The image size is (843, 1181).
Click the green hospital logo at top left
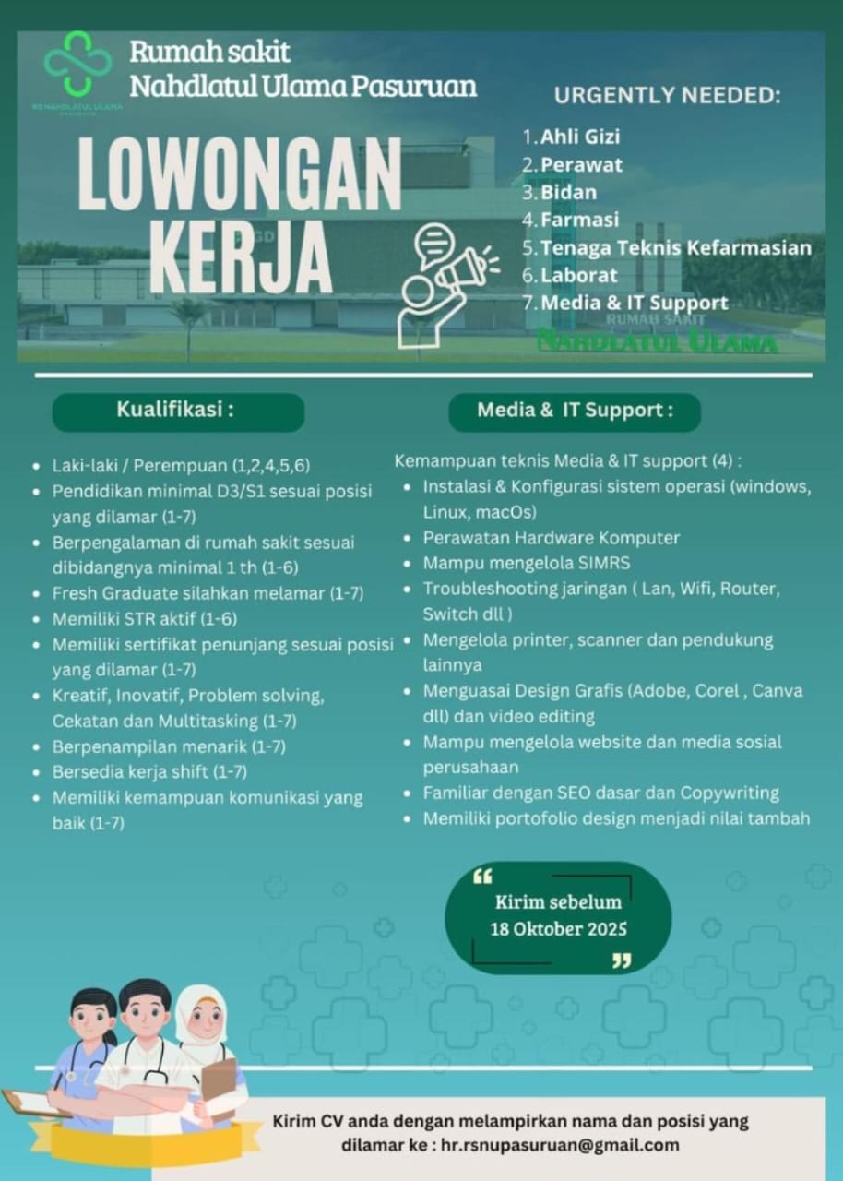pyautogui.click(x=78, y=64)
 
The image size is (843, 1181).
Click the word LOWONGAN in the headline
pyautogui.click(x=239, y=175)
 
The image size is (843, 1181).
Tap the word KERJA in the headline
pyautogui.click(x=241, y=250)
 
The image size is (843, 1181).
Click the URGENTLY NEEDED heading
pyautogui.click(x=667, y=95)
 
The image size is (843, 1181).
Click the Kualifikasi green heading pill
pyautogui.click(x=178, y=412)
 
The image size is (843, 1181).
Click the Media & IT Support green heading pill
pyautogui.click(x=575, y=412)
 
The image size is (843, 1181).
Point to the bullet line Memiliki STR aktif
pyautogui.click(x=145, y=618)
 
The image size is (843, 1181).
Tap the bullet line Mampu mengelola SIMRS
pyautogui.click(x=527, y=563)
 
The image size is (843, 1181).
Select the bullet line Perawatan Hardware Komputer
pyautogui.click(x=551, y=537)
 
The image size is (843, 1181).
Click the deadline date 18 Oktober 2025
pyautogui.click(x=559, y=928)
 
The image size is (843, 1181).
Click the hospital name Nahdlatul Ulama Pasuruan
pyautogui.click(x=303, y=87)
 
